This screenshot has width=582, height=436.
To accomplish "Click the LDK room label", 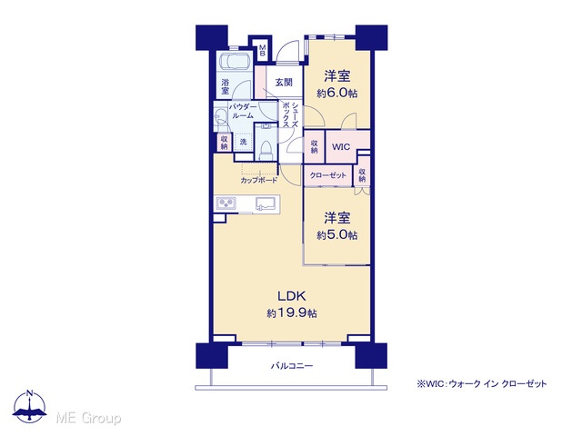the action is coord(292,296).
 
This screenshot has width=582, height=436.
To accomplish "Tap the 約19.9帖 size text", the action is coord(292,313).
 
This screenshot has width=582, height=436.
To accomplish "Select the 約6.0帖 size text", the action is coord(337,93).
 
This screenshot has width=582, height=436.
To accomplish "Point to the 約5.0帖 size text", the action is coord(337,235).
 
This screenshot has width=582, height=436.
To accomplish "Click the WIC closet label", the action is coord(341,147).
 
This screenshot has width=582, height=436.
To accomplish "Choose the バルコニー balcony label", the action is coord(292,366).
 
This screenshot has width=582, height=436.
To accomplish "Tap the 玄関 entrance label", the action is coord(284,83).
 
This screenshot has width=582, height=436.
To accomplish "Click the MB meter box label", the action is coord(263,51).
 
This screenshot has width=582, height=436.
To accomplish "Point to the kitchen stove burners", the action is coord(226,203).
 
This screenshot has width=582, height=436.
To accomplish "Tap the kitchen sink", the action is coord(265,203).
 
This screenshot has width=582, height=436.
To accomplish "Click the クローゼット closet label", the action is coord(327,175).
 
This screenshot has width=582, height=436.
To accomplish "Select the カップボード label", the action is coord(258,181).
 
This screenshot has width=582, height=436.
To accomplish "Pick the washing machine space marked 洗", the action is coord(243,142).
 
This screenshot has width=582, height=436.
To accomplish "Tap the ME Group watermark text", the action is coord(88,418).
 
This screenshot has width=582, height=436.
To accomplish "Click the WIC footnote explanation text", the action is coord(482,383).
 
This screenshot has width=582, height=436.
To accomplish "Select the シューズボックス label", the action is coord(291,114).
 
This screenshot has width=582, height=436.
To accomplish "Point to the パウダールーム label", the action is coord(243,111).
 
